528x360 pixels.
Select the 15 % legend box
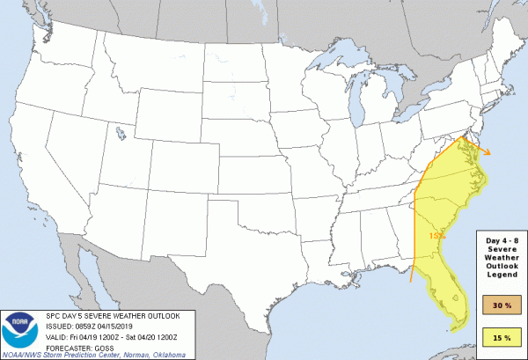502,336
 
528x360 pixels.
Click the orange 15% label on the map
436,235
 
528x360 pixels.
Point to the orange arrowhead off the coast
490,154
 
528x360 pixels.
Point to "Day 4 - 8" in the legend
502,239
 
